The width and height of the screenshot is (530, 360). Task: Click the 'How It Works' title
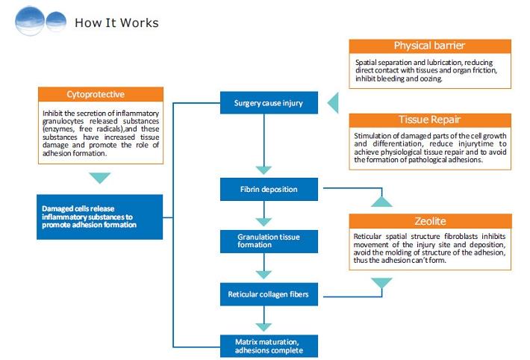pos(116,22)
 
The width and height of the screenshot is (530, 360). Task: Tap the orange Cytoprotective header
pos(99,95)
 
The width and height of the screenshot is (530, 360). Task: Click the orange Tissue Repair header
pos(430,120)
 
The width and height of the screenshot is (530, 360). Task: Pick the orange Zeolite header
pos(431,221)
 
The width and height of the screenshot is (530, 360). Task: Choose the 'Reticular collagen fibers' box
pos(267,294)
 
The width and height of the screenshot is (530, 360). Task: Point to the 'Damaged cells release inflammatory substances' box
pos(99,217)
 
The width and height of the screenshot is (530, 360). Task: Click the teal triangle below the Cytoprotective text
pos(99,178)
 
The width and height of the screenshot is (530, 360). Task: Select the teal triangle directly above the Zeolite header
pos(381,201)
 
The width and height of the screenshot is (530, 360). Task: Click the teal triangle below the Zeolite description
pos(381,283)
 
